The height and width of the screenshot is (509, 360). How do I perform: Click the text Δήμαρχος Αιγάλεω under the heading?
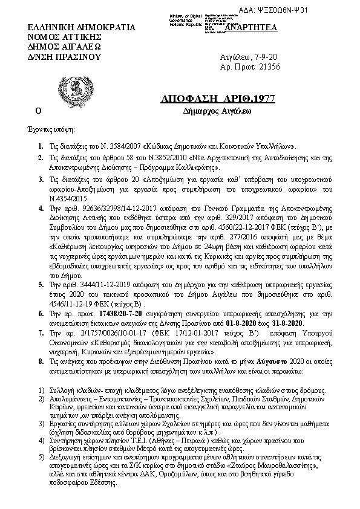pos(209,111)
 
